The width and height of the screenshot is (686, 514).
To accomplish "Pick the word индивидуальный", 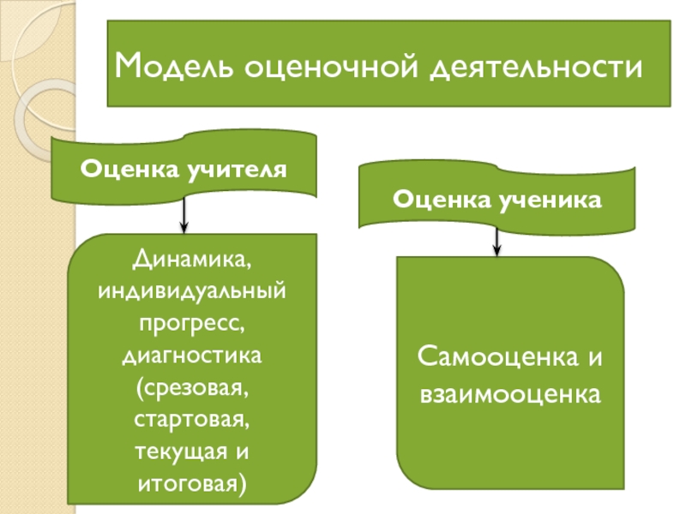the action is coord(192,290).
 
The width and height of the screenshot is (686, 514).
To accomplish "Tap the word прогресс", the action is coord(192,323).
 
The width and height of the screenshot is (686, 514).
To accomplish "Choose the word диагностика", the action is coord(192,355).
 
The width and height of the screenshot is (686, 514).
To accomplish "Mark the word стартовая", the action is coord(192,421).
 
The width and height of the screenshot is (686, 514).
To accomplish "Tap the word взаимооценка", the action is coord(510,394).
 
